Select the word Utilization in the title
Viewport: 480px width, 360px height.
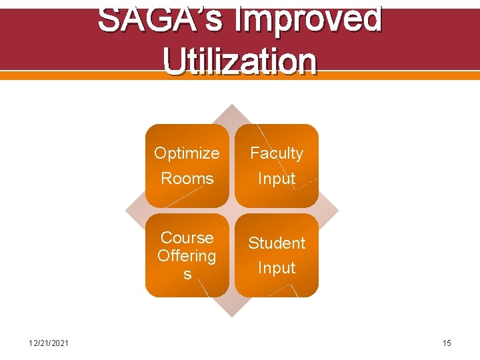pyautogui.click(x=240, y=61)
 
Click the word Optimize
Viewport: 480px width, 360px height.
pyautogui.click(x=187, y=153)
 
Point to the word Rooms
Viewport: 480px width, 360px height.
pyautogui.click(x=187, y=179)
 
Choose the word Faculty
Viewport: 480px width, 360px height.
pyautogui.click(x=277, y=153)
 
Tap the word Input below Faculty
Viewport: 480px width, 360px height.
pyautogui.click(x=277, y=179)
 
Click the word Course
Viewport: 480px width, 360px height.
pyautogui.click(x=187, y=237)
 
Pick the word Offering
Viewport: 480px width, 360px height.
pyautogui.click(x=187, y=255)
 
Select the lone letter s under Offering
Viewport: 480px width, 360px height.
pyautogui.click(x=187, y=274)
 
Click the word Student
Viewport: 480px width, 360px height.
pyautogui.click(x=277, y=243)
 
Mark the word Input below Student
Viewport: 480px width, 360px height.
pyautogui.click(x=277, y=268)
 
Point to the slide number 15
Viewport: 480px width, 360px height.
pyautogui.click(x=447, y=343)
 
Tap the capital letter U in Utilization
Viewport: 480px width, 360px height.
pyautogui.click(x=174, y=61)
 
